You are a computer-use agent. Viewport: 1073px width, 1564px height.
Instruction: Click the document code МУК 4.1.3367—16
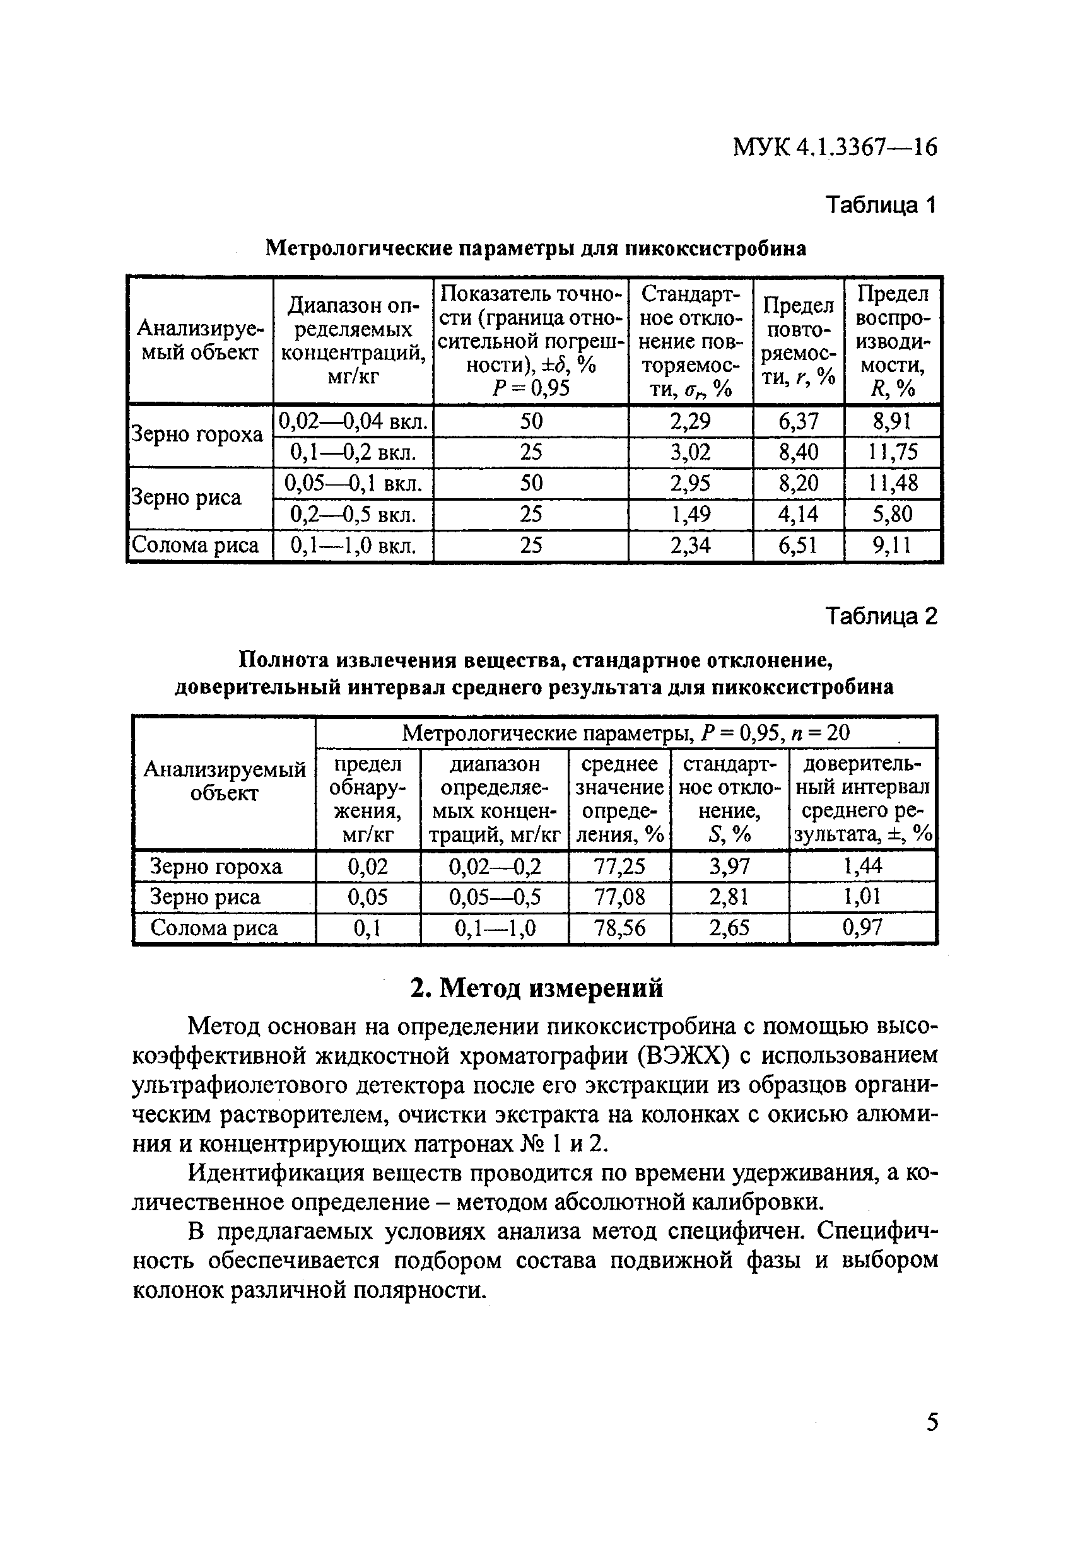click(834, 147)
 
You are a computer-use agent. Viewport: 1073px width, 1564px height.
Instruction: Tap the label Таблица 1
click(881, 204)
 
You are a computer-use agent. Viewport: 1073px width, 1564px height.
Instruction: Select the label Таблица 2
click(881, 616)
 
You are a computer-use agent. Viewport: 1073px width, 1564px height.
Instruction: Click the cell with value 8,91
click(891, 421)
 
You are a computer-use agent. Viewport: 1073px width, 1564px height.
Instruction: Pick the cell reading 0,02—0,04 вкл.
click(353, 421)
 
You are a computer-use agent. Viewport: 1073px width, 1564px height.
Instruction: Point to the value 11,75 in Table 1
click(891, 452)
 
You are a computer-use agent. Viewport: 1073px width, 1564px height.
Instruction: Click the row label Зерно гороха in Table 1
click(197, 435)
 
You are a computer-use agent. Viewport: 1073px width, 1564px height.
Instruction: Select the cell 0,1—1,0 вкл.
click(353, 545)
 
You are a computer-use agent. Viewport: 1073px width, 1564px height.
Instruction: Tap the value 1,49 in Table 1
click(690, 514)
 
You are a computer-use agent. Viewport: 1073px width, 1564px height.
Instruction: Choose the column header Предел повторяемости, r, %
click(799, 341)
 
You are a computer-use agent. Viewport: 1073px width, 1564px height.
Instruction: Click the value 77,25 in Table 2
click(619, 866)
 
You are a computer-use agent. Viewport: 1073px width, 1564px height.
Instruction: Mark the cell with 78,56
click(619, 928)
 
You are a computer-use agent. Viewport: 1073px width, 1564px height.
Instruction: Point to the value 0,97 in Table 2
click(862, 928)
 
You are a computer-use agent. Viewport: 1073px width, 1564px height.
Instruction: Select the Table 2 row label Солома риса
click(214, 928)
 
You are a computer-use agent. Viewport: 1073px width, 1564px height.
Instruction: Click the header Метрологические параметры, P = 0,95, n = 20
click(625, 733)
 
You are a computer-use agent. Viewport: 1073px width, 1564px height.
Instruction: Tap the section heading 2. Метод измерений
click(536, 988)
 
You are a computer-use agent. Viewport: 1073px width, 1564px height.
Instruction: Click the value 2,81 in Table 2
click(729, 897)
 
